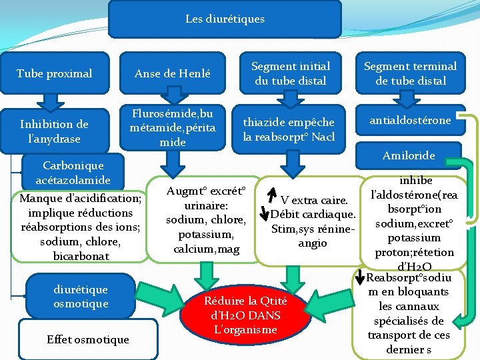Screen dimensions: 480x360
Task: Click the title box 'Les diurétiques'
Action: click(225, 19)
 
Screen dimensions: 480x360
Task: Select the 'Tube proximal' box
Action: click(54, 73)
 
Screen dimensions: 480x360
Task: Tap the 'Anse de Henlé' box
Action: click(172, 73)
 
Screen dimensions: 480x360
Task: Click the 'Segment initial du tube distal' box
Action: click(290, 73)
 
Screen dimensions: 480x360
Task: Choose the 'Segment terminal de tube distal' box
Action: click(410, 73)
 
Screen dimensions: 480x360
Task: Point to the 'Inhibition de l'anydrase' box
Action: click(54, 131)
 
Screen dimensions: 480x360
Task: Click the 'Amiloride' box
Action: click(409, 155)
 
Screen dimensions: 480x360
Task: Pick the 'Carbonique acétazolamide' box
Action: click(73, 172)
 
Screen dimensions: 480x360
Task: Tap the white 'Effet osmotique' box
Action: click(87, 339)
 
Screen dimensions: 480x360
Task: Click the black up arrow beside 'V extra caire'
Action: click(271, 194)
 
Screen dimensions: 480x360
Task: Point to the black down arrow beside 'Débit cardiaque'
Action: click(265, 214)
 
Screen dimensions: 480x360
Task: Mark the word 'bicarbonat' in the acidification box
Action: click(81, 256)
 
